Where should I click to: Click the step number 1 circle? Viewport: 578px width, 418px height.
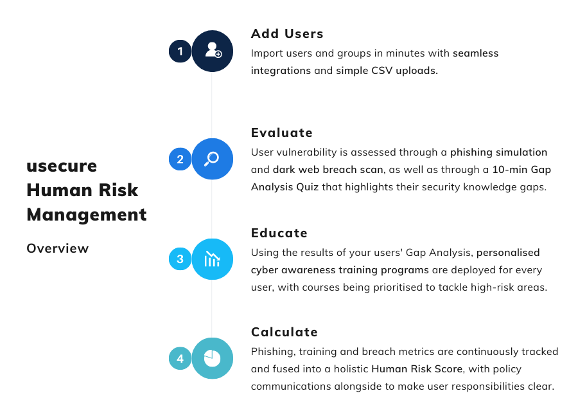click(x=180, y=51)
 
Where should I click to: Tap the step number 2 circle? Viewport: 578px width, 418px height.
click(x=180, y=159)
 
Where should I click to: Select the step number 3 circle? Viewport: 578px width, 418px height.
click(x=180, y=259)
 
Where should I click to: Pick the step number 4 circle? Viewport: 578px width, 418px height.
click(x=180, y=358)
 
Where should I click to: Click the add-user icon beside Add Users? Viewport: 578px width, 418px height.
click(x=213, y=51)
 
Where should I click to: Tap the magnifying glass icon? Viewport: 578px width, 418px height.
click(x=212, y=159)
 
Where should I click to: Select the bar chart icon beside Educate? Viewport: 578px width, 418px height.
click(x=212, y=259)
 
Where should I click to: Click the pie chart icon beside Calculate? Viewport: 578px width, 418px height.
click(x=212, y=358)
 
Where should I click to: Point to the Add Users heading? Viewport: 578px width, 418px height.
click(x=287, y=33)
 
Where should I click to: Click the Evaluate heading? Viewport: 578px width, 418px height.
click(x=282, y=133)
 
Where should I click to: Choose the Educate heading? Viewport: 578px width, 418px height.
click(x=279, y=233)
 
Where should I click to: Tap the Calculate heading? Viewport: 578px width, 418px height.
click(x=285, y=332)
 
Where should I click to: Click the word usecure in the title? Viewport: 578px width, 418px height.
click(x=62, y=166)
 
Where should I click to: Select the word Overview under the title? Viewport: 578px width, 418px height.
click(x=57, y=248)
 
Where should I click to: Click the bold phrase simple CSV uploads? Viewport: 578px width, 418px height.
click(x=387, y=71)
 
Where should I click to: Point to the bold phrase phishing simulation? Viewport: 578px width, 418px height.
click(x=498, y=152)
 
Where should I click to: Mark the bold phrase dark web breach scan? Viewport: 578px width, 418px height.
click(x=328, y=170)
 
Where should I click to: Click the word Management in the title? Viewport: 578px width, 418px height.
click(x=86, y=214)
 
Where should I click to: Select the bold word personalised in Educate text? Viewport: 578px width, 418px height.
click(x=508, y=252)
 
